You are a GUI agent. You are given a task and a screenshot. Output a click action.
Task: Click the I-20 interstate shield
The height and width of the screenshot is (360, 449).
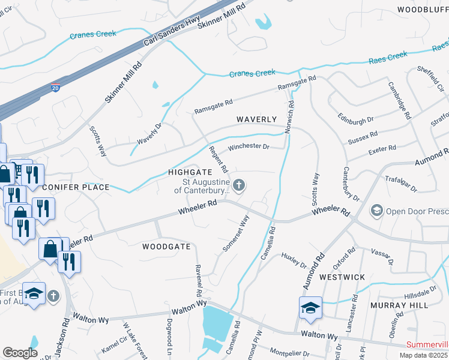coord(55,88)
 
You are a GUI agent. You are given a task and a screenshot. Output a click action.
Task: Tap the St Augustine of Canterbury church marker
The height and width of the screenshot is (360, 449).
coord(239,185)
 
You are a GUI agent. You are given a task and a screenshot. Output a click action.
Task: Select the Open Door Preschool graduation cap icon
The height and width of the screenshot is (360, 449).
coord(376,210)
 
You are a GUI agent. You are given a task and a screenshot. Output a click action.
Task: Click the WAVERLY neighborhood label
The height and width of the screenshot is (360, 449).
coord(256,120)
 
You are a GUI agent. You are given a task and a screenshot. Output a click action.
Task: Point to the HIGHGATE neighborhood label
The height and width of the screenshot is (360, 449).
coord(190,172)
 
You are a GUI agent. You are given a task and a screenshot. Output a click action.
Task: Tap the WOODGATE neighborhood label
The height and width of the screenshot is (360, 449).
coord(166,247)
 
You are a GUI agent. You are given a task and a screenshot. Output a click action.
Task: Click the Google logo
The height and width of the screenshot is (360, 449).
coord(20,352)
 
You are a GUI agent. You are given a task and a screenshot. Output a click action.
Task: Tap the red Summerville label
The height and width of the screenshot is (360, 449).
coord(427,344)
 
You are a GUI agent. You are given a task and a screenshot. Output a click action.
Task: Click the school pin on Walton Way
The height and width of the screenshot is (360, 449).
coord(310,309)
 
